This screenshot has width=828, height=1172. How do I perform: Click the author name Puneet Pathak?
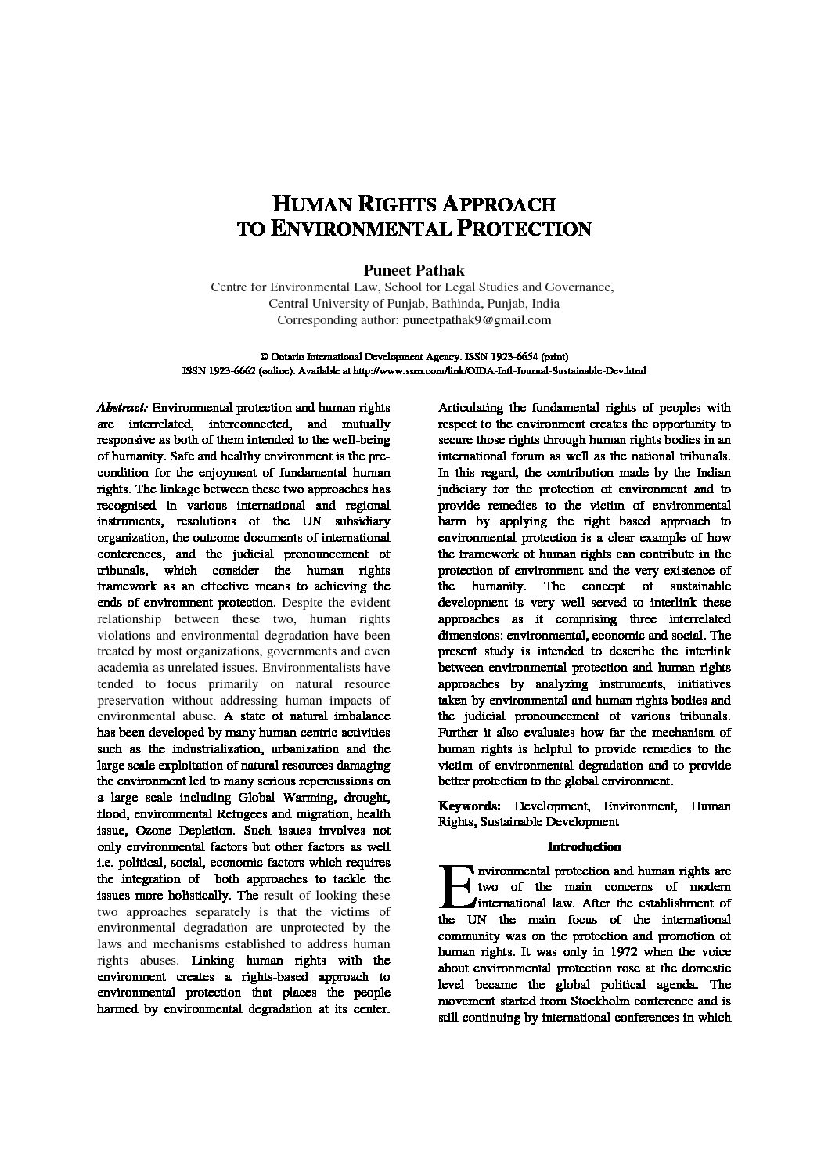point(413,270)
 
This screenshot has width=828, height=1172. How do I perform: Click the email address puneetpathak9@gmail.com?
point(476,320)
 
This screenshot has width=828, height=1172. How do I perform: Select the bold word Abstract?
point(122,408)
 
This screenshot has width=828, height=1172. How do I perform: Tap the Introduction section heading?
point(584,846)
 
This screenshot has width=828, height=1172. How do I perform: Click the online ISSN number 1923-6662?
point(221,371)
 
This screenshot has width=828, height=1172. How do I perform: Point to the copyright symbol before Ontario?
point(264,356)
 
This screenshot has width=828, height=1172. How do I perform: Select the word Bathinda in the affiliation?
point(449,304)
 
